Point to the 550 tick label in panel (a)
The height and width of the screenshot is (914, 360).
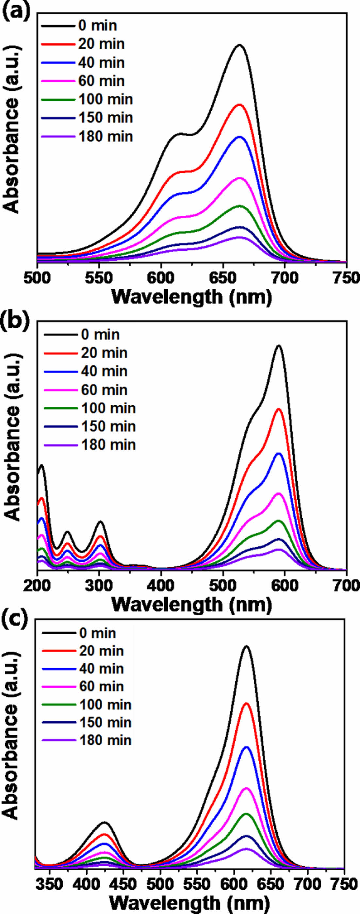99,278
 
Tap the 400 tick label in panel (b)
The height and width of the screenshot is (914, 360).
161,586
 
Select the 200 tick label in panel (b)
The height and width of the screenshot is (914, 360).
38,586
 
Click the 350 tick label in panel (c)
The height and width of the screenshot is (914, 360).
50,884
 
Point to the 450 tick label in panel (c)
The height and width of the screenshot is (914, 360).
123,884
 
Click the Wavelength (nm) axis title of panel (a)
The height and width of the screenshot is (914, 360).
191,297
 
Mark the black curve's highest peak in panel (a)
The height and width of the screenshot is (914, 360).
240,45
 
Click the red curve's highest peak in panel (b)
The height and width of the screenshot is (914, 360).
279,409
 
